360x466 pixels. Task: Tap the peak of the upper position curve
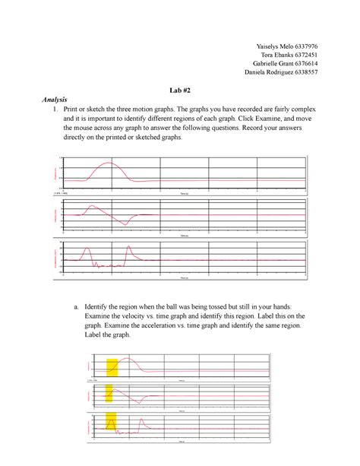pos(109,163)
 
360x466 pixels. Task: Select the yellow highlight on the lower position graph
pos(112,368)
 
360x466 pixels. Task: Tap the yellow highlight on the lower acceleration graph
pos(112,422)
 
